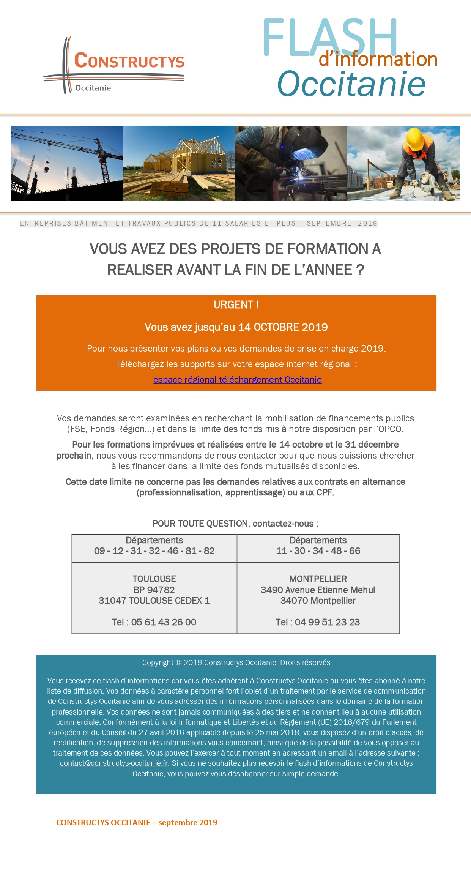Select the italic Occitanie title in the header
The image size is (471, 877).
[x=351, y=84]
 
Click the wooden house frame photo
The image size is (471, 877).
[x=179, y=163]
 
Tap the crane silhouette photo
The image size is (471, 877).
[x=67, y=163]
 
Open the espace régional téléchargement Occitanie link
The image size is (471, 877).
[x=237, y=380]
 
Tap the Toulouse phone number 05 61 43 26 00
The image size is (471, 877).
[x=164, y=622]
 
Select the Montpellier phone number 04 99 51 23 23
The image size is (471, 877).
[x=327, y=622]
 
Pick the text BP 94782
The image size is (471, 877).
[x=154, y=590]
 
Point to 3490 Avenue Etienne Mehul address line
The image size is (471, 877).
[x=318, y=590]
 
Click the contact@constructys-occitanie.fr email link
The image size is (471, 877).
[x=114, y=763]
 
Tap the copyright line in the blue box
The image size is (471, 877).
[x=236, y=662]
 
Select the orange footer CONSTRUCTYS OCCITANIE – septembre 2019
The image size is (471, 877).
[x=137, y=823]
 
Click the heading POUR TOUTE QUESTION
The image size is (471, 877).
[x=201, y=524]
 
